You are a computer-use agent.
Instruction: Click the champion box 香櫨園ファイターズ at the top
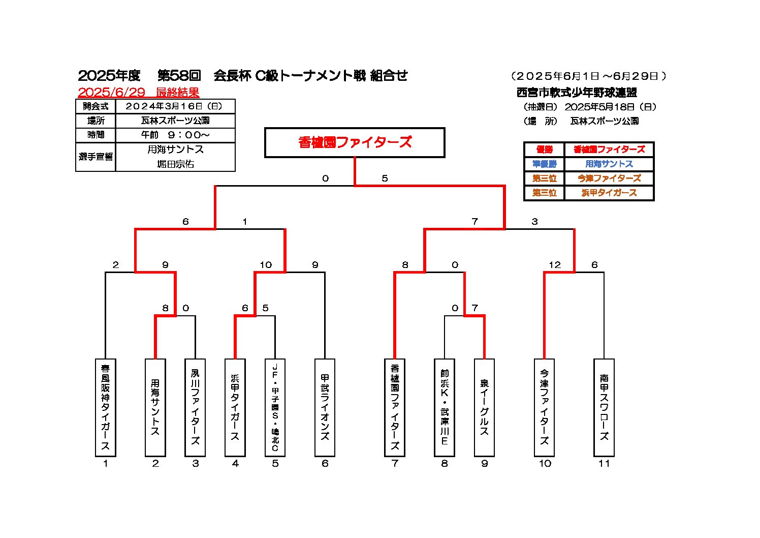[x=355, y=142]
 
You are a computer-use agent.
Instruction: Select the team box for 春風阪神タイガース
[x=105, y=407]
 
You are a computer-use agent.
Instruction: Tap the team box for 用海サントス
[x=155, y=407]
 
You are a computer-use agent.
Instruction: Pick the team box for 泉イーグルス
[x=484, y=407]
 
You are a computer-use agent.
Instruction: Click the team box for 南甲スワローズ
[x=604, y=407]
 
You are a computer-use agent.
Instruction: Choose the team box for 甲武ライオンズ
[x=325, y=407]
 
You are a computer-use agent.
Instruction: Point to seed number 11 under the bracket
[x=604, y=463]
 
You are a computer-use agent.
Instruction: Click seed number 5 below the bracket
[x=275, y=463]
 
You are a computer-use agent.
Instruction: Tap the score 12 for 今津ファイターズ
[x=555, y=265]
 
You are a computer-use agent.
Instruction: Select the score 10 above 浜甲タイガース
[x=266, y=265]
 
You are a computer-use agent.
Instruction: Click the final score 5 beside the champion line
[x=385, y=178]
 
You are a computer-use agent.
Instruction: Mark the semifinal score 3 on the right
[x=534, y=222]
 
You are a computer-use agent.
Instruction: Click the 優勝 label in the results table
[x=544, y=150]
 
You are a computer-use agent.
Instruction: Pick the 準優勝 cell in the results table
[x=544, y=164]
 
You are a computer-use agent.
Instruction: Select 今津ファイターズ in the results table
[x=609, y=178]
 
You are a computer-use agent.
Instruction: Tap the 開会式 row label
[x=96, y=106]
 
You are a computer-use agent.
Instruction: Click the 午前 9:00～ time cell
[x=175, y=135]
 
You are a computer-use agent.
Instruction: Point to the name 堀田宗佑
[x=175, y=164]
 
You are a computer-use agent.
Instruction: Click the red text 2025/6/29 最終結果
[x=138, y=93]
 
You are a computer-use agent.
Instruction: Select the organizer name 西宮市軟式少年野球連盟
[x=577, y=93]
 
